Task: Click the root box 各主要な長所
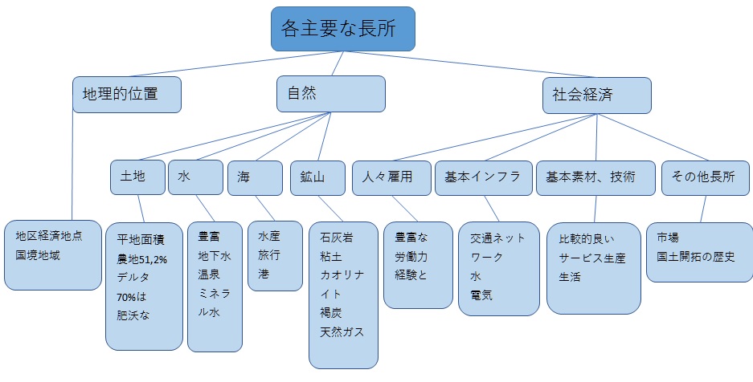coord(343,29)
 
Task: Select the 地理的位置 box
coord(126,94)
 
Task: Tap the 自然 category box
coord(330,94)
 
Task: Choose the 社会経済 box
coord(595,95)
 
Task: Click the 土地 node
coord(137,177)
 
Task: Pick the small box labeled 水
coord(195,177)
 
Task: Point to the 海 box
coord(255,178)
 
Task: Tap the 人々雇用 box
coord(391,177)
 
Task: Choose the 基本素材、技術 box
coord(595,177)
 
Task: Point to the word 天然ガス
coord(342,331)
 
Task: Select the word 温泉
coord(209,274)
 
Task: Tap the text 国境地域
coord(37,254)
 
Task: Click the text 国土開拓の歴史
coord(695,257)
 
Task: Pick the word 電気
coord(481,295)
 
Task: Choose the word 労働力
coord(411,258)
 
